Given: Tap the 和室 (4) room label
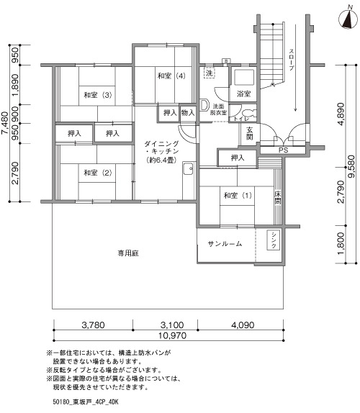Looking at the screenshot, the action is coord(171,76).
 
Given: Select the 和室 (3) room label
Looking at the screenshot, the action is coord(97,95).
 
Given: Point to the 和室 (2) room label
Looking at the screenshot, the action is coord(97,173).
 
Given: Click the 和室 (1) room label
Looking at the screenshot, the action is coord(238,196).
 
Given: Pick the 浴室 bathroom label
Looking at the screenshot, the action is coord(243,94).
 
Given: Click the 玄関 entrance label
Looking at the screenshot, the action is coord(249,133).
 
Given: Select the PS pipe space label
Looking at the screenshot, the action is coord(283,150).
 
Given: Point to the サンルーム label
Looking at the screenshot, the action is coord(225,244).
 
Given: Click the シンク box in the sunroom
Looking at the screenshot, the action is coord(274,240).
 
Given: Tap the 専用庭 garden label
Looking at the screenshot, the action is coord(128,253).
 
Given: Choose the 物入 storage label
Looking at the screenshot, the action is coord(188,113).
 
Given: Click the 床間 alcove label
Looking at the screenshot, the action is coord(278,198).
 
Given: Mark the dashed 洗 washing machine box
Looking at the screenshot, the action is coord(210,73).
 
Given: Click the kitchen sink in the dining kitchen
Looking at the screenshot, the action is coord(189,168).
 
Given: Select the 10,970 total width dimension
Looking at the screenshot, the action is coord(172,336).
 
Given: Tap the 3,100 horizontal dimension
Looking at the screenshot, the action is coord(172,325).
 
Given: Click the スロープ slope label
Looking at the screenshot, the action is coord(292,60).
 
